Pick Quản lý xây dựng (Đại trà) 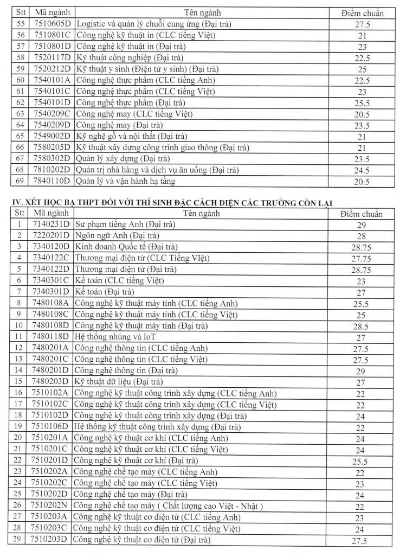pyautogui.click(x=123, y=158)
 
